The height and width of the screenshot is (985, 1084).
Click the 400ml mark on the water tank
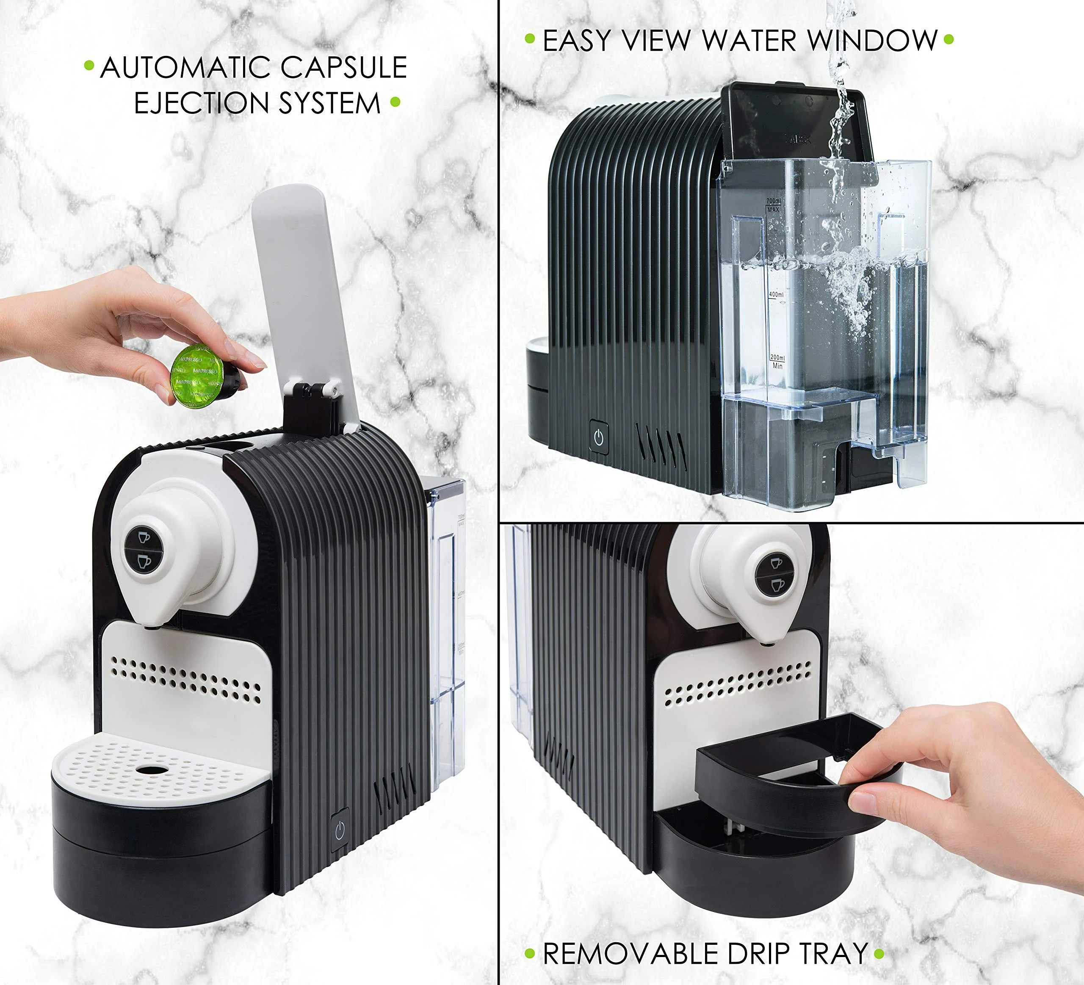[x=776, y=295]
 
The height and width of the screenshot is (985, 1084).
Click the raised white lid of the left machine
[x=301, y=291]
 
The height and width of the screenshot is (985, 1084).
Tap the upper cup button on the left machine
[x=144, y=537]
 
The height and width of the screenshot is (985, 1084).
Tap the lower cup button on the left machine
[x=144, y=562]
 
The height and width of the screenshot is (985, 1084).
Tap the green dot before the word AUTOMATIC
[x=89, y=66]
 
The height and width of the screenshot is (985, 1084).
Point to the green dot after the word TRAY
[x=879, y=954]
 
